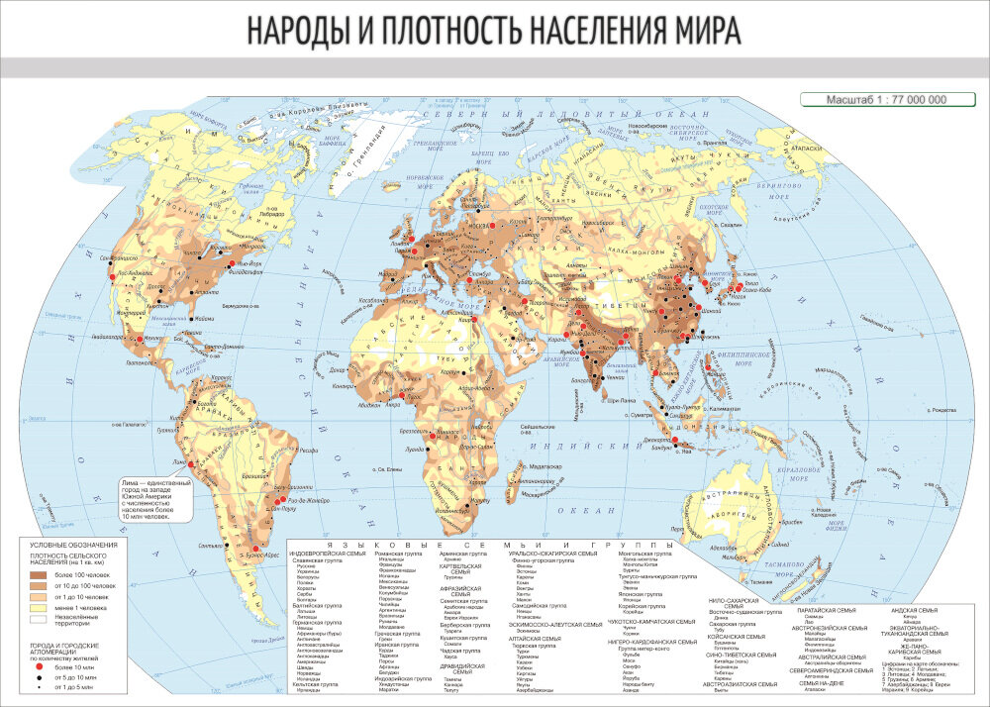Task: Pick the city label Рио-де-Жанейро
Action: [x=299, y=504]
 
